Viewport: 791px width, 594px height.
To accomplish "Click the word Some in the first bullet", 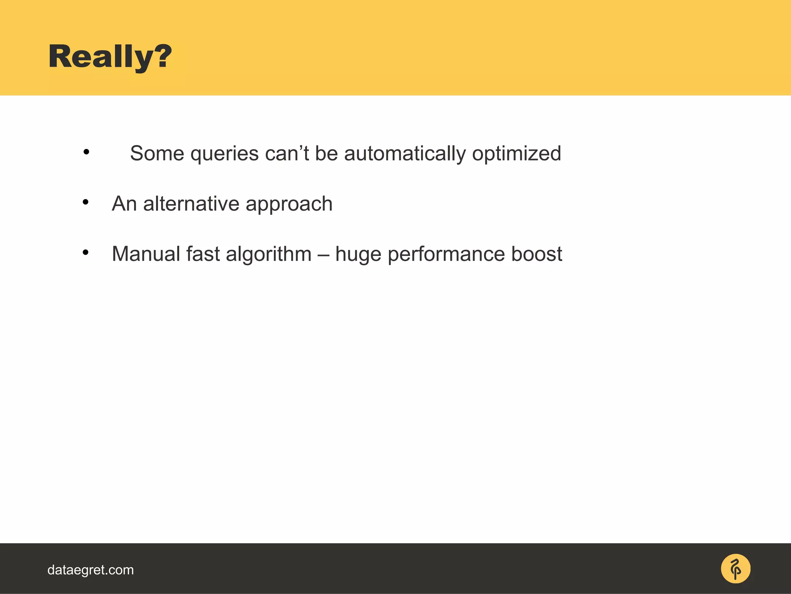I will pyautogui.click(x=157, y=153).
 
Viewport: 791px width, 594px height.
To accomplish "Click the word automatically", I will pyautogui.click(x=405, y=154).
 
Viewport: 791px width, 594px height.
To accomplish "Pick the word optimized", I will pyautogui.click(x=516, y=154).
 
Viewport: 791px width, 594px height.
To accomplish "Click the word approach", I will pyautogui.click(x=289, y=204).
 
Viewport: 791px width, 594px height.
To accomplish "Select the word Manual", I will pyautogui.click(x=146, y=254).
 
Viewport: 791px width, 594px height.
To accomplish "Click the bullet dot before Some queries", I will pyautogui.click(x=86, y=152).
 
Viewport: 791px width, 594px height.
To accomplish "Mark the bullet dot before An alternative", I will pyautogui.click(x=86, y=202).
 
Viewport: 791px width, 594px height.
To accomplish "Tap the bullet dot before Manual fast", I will pyautogui.click(x=86, y=252).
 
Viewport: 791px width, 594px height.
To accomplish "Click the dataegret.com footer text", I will pyautogui.click(x=90, y=570).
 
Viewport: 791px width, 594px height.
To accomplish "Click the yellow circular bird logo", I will pyautogui.click(x=735, y=568).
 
